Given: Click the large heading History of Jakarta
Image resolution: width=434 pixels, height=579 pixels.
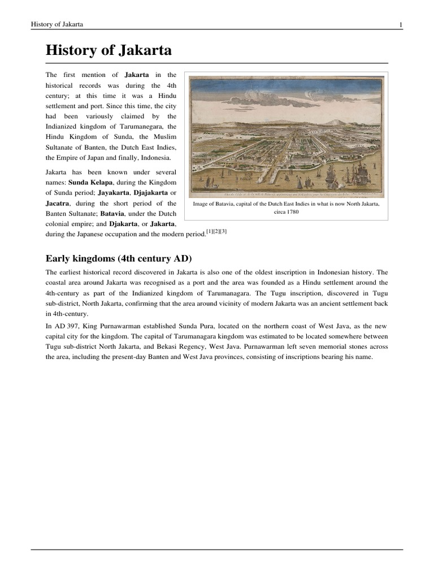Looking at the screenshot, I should [108, 51].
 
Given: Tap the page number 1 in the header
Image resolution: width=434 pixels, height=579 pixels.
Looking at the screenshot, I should [401, 24].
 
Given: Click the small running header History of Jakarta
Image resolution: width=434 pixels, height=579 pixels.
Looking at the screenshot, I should [57, 24].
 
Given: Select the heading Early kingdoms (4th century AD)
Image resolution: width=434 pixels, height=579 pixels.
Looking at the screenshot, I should [119, 258].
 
